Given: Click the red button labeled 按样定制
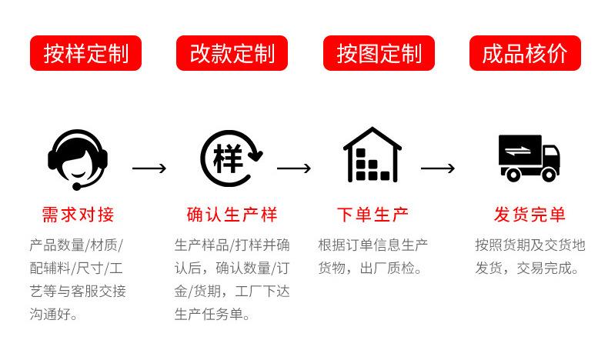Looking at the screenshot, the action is coord(85,53).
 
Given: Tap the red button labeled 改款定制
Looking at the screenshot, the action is coord(232,53).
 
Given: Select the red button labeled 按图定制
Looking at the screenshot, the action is coord(379,53).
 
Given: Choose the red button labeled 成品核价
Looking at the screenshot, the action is coord(525,53).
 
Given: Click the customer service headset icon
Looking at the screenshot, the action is coord(77,158).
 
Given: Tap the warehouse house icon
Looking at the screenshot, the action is coord(372,155).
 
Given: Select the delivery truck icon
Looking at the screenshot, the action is coord(529,158).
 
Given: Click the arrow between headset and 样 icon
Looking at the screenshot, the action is coord(149,168).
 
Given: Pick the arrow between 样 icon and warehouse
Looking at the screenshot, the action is coord(293,168).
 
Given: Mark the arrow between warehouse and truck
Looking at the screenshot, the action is coord(437,168).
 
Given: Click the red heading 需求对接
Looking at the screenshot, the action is coord(78,215).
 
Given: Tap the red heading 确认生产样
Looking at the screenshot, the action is coord(232,215).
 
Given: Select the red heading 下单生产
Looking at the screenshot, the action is coord(372,215).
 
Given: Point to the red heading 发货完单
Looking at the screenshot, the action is coord(529,215).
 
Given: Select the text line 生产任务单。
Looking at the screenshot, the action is coord(213,314).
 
